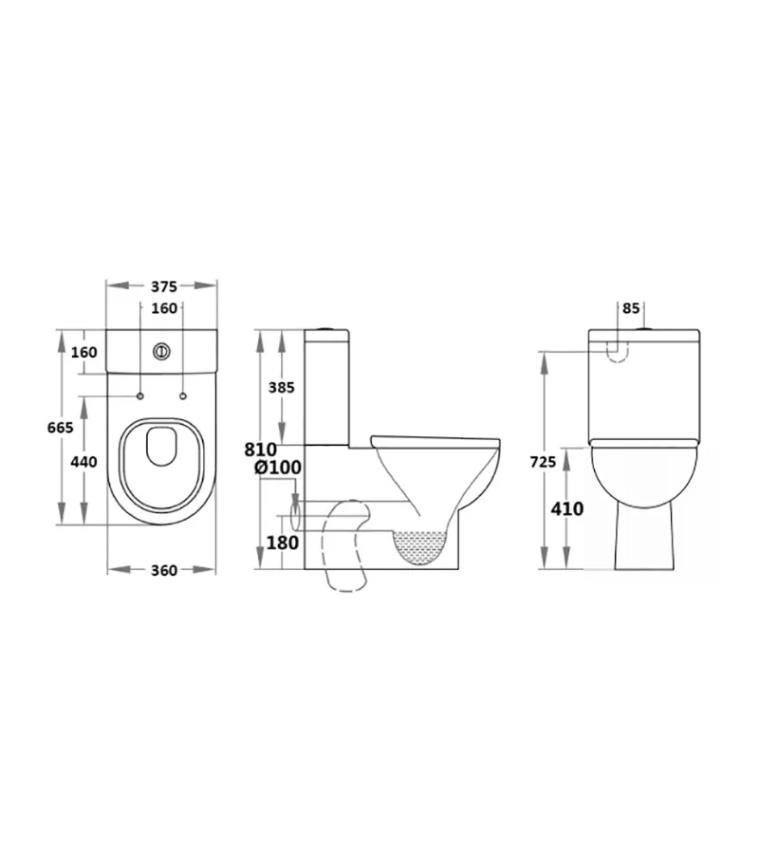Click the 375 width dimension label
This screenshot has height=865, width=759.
tap(162, 284)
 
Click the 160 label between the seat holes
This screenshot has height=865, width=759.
tap(162, 308)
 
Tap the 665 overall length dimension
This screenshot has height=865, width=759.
tap(60, 429)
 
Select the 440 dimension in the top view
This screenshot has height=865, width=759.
tap(85, 462)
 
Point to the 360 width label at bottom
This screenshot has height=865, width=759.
tap(163, 570)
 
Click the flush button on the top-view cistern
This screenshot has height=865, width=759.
tap(162, 350)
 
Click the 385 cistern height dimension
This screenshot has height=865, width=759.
tap(282, 387)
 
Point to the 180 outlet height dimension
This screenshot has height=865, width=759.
tap(284, 543)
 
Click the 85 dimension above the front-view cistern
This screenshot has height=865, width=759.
tap(632, 308)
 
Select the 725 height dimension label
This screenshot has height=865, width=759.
tap(544, 462)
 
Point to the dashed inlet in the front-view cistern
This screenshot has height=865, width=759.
tap(617, 351)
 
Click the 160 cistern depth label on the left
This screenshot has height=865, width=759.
tap(85, 352)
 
